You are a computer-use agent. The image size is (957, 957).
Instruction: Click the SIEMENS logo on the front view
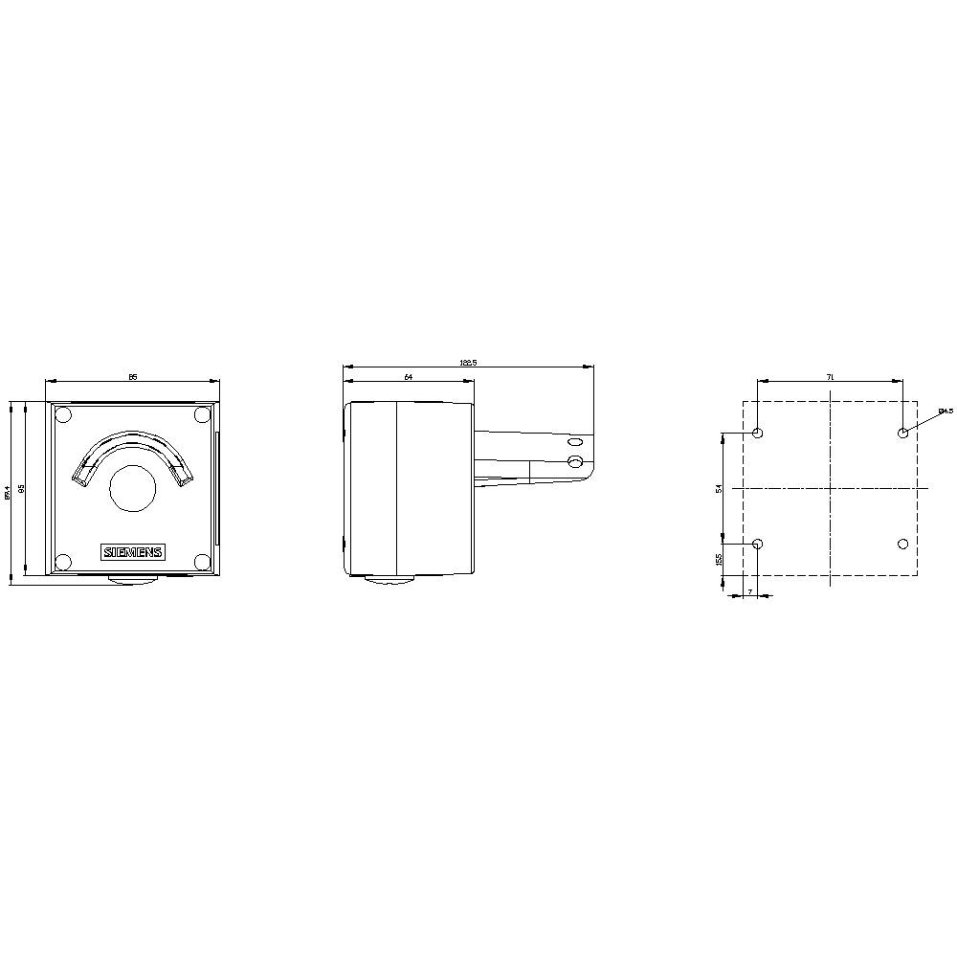pyautogui.click(x=133, y=552)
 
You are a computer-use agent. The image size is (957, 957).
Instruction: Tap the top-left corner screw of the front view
pyautogui.click(x=63, y=415)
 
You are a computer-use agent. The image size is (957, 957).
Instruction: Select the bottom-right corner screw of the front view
pyautogui.click(x=202, y=562)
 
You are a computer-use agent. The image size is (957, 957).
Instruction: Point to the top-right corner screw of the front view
pyautogui.click(x=202, y=415)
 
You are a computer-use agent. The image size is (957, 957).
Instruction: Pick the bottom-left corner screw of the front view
pyautogui.click(x=63, y=562)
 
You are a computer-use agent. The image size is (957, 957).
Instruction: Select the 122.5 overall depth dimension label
pyautogui.click(x=468, y=363)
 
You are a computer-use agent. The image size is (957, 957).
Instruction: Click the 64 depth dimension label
pyautogui.click(x=409, y=378)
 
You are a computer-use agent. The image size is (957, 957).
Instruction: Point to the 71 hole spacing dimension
pyautogui.click(x=830, y=378)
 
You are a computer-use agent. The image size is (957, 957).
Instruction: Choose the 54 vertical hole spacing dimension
pyautogui.click(x=719, y=489)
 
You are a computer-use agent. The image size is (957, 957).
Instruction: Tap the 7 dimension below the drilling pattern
pyautogui.click(x=750, y=590)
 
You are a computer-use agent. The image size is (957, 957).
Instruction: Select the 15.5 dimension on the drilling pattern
pyautogui.click(x=719, y=559)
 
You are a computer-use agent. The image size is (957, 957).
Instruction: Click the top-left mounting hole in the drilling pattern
pyautogui.click(x=758, y=434)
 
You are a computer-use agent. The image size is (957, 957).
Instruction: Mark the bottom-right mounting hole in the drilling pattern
pyautogui.click(x=902, y=544)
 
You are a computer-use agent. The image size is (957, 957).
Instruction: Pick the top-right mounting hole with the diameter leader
pyautogui.click(x=902, y=434)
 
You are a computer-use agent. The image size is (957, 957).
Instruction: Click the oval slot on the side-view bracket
pyautogui.click(x=574, y=443)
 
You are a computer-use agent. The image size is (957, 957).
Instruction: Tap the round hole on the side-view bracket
pyautogui.click(x=575, y=462)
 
